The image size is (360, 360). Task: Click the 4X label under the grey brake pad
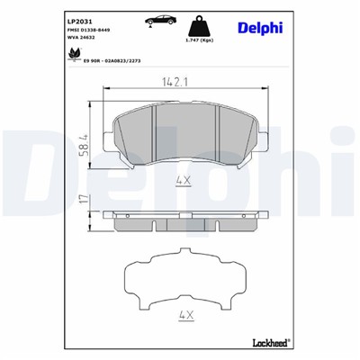185,181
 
